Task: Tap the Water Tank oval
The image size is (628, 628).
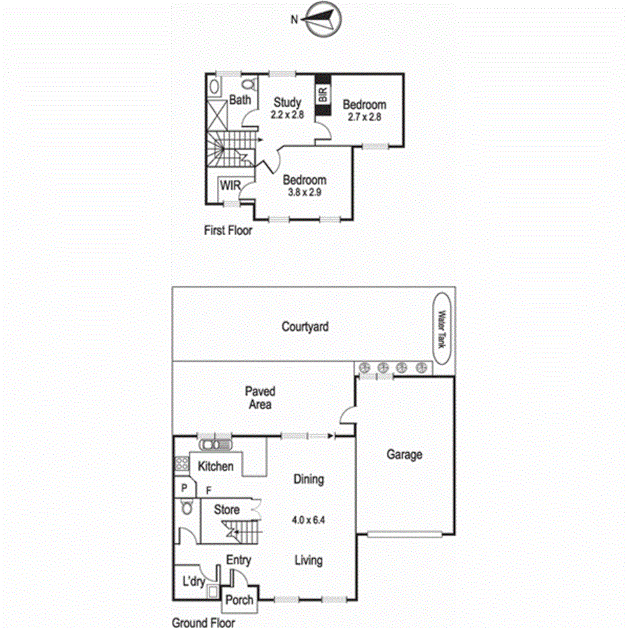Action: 443,329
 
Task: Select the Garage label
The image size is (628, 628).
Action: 404,454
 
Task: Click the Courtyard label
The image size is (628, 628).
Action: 305,327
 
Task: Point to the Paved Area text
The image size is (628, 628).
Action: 260,398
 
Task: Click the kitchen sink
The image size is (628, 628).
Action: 216,444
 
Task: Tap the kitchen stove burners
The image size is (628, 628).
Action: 181,464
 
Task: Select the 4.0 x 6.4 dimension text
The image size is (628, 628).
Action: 309,520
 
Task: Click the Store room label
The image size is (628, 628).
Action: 226,510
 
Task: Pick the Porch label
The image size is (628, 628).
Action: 239,600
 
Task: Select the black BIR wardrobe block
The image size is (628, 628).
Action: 323,96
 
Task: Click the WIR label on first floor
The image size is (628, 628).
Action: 230,185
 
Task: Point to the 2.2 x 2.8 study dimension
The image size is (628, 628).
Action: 288,115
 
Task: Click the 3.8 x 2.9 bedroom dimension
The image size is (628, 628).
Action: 305,192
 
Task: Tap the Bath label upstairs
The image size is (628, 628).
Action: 240,100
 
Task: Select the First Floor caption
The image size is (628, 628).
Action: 228,230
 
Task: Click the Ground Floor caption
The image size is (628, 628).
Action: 203,623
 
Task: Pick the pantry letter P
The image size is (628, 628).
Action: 183,489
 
